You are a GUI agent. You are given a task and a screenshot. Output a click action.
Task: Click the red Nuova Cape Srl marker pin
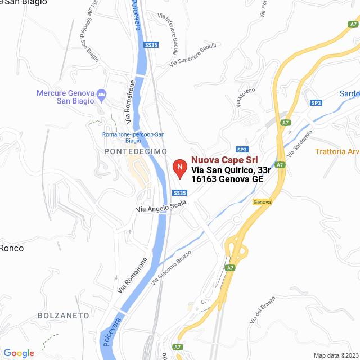pyautogui.click(x=179, y=168)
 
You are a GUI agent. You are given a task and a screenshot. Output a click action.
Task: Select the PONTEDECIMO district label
pyautogui.click(x=136, y=152)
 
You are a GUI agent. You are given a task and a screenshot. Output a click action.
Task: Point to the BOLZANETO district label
pyautogui.click(x=63, y=316)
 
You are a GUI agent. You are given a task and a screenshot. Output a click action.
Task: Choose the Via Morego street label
pyautogui.click(x=245, y=97)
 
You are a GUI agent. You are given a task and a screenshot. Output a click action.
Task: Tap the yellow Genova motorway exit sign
pyautogui.click(x=262, y=201)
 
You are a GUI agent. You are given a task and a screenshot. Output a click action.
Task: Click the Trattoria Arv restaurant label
pyautogui.click(x=337, y=151)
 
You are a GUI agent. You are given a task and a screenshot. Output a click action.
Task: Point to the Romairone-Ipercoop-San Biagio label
pyautogui.click(x=133, y=138)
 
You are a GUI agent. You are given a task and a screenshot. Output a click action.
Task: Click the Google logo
pyautogui.click(x=19, y=353)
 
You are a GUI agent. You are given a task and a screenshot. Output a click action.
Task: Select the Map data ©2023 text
pyautogui.click(x=335, y=355)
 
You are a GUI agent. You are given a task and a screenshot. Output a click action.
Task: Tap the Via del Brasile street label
pyautogui.click(x=263, y=309)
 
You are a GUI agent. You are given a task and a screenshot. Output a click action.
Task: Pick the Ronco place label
pyautogui.click(x=11, y=247)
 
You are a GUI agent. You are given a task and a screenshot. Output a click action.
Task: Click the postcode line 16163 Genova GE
pyautogui.click(x=227, y=179)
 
